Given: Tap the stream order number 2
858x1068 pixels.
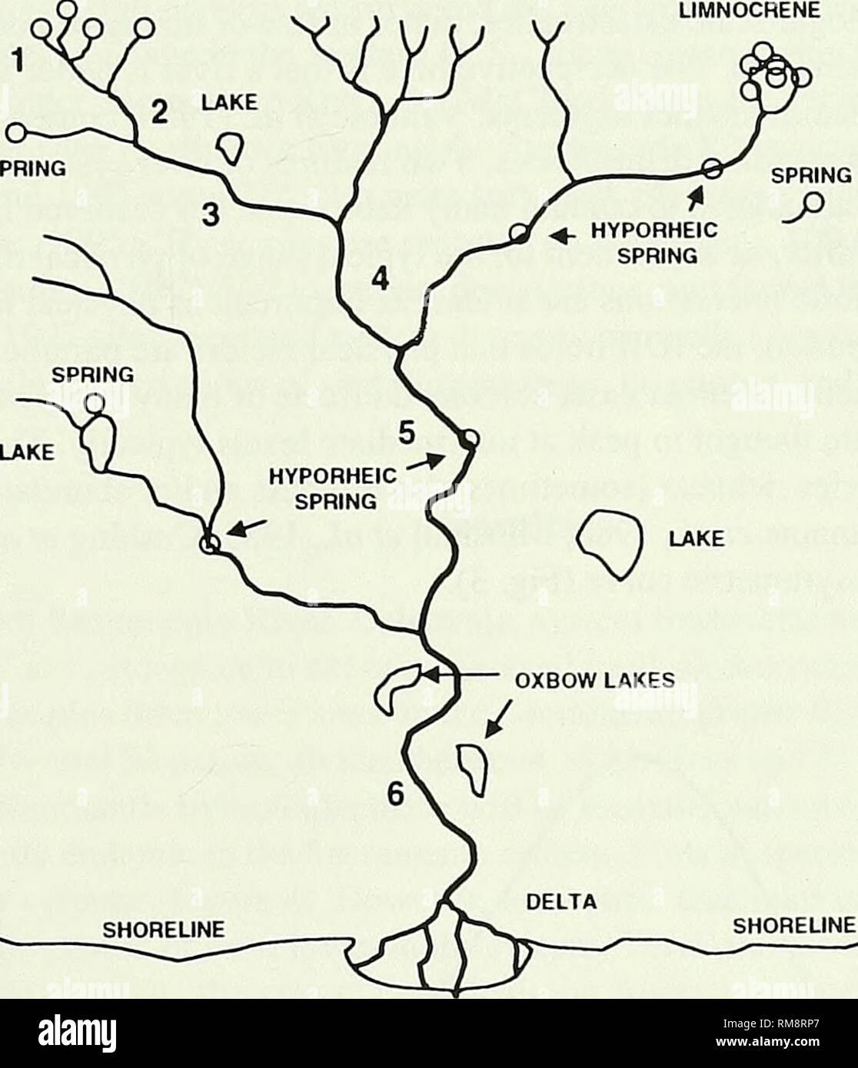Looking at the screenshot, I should tap(159, 112).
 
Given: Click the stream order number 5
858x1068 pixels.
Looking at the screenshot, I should tap(410, 436).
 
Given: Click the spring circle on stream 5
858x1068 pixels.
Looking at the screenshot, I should tap(470, 439).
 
